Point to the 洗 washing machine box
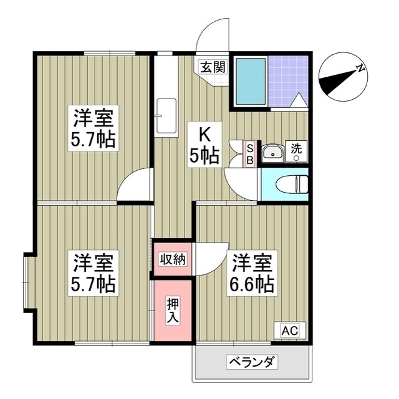point(296,151)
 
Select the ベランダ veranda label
point(252,362)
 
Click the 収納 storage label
point(171,259)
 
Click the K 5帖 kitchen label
point(204,145)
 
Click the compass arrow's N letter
point(360,69)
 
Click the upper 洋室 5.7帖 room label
point(94,127)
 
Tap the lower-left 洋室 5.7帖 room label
point(94,272)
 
